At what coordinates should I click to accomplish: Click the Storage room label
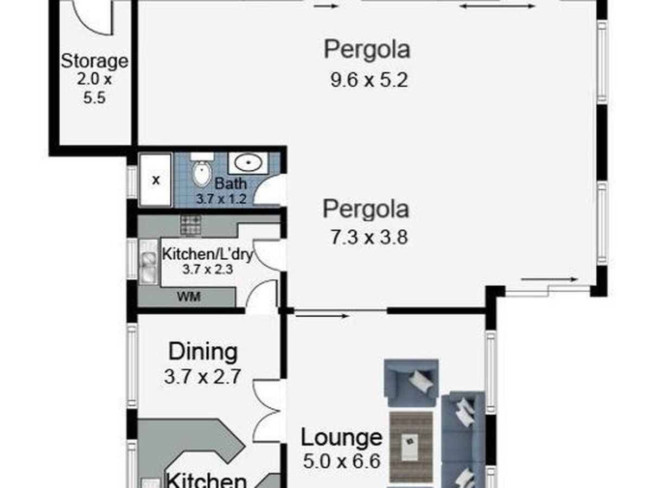coord(94,62)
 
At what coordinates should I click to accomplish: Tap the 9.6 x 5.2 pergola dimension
coord(369,80)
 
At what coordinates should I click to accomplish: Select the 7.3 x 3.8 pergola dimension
coord(369,237)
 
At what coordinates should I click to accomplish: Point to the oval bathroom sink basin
coord(248,162)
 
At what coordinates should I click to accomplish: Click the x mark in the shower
coord(156,180)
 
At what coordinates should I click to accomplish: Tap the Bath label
coord(231,183)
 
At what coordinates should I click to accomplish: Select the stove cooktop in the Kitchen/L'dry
coord(191,226)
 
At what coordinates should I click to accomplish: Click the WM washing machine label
coord(189,297)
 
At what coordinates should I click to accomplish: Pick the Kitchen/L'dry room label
coord(207,254)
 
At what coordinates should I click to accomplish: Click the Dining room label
coord(203,352)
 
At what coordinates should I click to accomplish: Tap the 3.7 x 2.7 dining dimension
coord(202,377)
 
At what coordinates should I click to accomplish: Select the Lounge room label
coord(341,438)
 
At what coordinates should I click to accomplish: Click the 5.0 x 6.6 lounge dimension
coord(342,461)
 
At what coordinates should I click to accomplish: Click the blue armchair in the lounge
coord(411,383)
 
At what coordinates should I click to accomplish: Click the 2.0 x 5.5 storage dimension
coord(94,88)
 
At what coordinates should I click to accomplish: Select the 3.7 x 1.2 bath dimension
coord(221,199)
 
